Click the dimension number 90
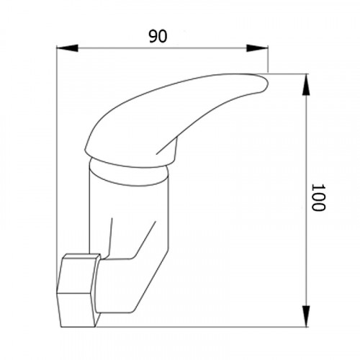coord(158,37)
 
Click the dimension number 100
coord(318,197)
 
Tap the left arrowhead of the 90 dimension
coord(68,48)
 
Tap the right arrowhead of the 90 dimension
coord(257,48)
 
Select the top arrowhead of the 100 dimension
coord(306,85)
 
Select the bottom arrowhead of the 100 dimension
coord(306,316)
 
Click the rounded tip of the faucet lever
coord(264,84)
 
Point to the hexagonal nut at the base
coord(78,290)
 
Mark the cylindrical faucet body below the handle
coord(129,211)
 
